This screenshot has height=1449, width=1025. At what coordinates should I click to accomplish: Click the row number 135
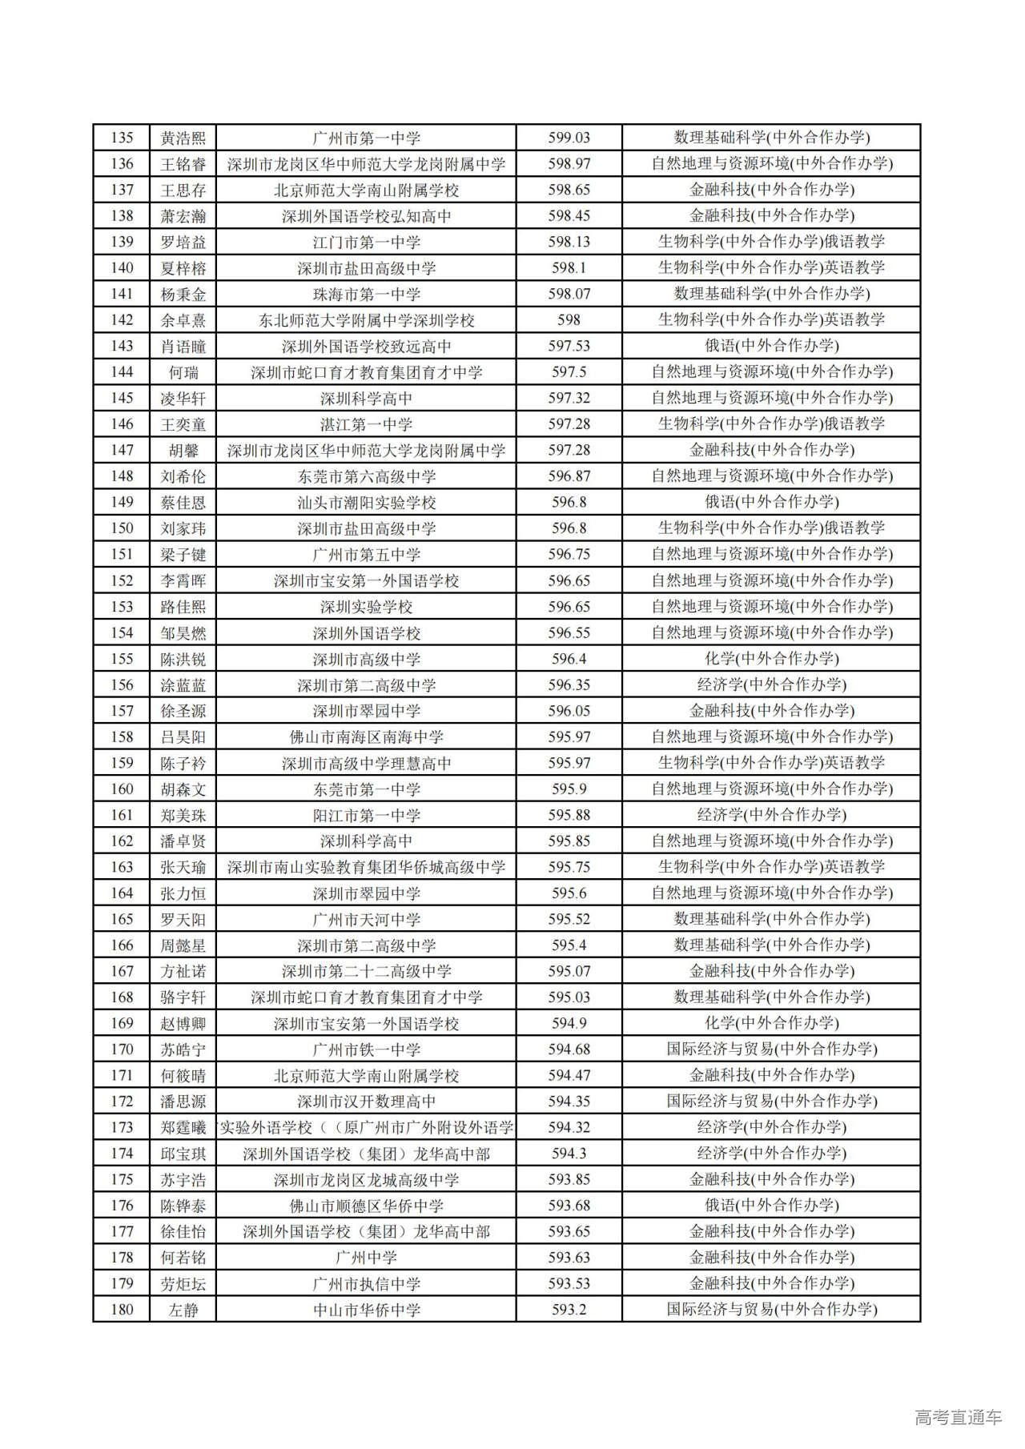tap(122, 138)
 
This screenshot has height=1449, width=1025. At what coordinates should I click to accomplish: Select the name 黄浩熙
tap(183, 138)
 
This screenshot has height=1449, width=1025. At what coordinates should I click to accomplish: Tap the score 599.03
tap(569, 138)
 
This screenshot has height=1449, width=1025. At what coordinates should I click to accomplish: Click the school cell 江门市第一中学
tap(366, 242)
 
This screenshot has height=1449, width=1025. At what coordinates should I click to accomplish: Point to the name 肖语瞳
tap(183, 346)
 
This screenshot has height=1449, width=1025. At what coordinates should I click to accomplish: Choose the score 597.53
tap(569, 346)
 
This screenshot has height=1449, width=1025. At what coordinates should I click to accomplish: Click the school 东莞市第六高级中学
tap(366, 476)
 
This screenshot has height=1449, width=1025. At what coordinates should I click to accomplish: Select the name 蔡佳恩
tap(183, 502)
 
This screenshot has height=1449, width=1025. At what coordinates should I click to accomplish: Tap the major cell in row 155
tap(771, 659)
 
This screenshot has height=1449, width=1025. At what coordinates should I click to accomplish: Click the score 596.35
tap(569, 684)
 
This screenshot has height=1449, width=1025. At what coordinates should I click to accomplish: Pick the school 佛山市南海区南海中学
tap(366, 737)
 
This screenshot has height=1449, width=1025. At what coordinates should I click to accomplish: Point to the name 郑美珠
tap(183, 815)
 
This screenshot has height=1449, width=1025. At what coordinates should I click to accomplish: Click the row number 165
tap(122, 919)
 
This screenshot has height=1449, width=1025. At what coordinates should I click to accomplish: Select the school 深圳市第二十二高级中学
tap(366, 971)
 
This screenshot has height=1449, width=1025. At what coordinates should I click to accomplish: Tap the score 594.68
tap(569, 1049)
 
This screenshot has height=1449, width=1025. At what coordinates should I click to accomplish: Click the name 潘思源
tap(183, 1101)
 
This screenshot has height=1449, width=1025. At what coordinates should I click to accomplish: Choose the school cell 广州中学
tap(366, 1257)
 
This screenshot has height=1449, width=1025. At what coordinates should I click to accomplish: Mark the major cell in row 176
tap(771, 1205)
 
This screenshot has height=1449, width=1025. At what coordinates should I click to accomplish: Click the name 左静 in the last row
tap(183, 1310)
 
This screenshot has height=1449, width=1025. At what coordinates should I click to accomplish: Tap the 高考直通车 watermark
tap(958, 1418)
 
